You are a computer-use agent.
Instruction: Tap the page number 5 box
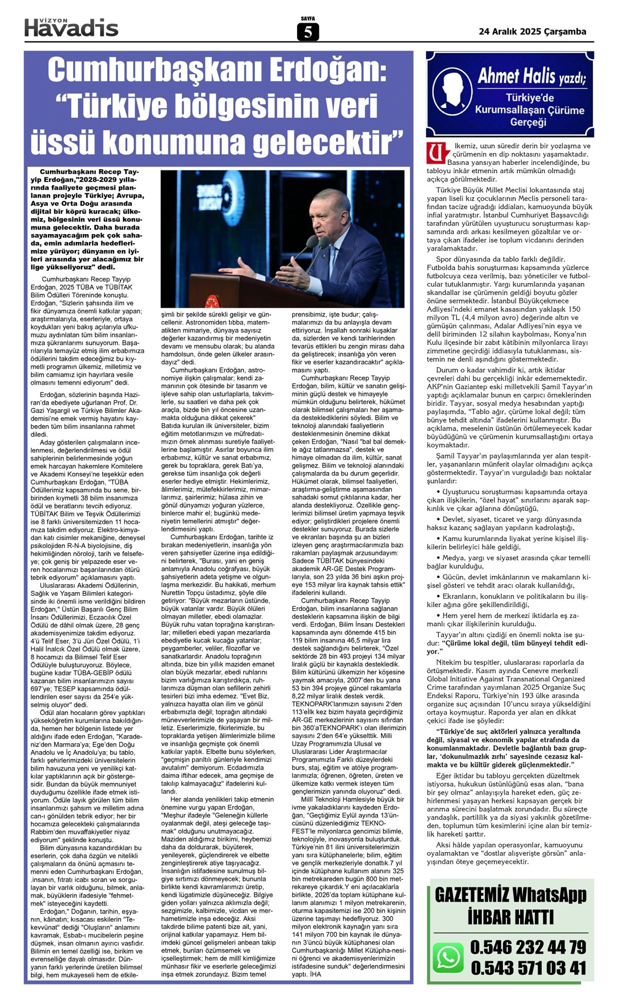pyautogui.click(x=308, y=32)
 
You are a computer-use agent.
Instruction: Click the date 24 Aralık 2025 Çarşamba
pyautogui.click(x=532, y=31)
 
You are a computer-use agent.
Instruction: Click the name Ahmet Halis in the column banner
pyautogui.click(x=517, y=77)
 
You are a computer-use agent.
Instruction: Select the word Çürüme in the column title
pyautogui.click(x=565, y=110)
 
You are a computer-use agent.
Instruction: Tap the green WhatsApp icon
pyautogui.click(x=448, y=957)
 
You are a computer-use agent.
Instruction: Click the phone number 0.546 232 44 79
pyautogui.click(x=528, y=947)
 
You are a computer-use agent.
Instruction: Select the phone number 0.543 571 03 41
pyautogui.click(x=528, y=968)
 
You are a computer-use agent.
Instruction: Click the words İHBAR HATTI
pyautogui.click(x=510, y=917)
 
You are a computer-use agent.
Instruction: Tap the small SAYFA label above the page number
pyautogui.click(x=308, y=19)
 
